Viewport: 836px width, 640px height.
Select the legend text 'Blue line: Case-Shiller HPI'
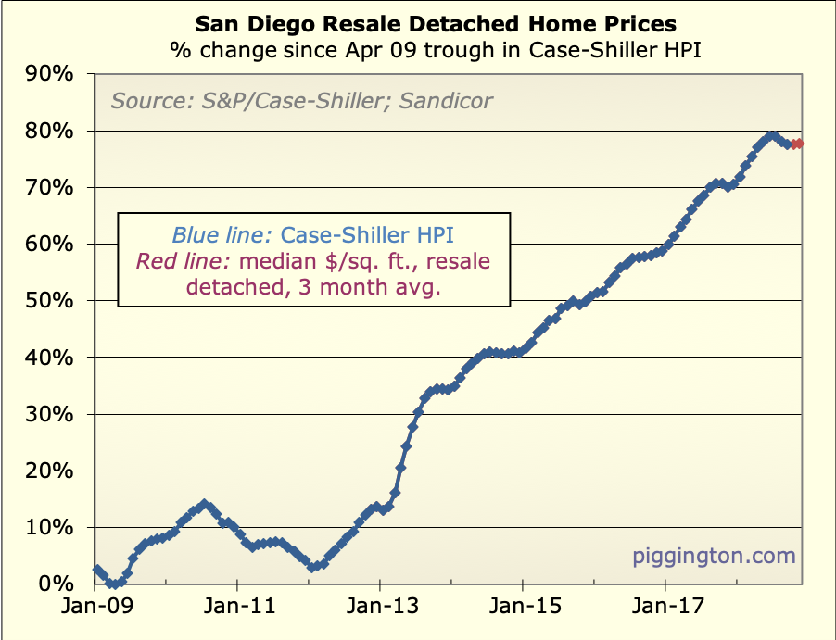(313, 236)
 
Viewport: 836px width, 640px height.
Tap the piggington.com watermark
(714, 556)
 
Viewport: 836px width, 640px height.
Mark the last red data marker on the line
(799, 144)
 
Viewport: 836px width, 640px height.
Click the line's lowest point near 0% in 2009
(112, 584)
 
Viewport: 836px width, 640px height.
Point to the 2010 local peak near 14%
(204, 504)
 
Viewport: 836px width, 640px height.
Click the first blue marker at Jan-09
(95, 570)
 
